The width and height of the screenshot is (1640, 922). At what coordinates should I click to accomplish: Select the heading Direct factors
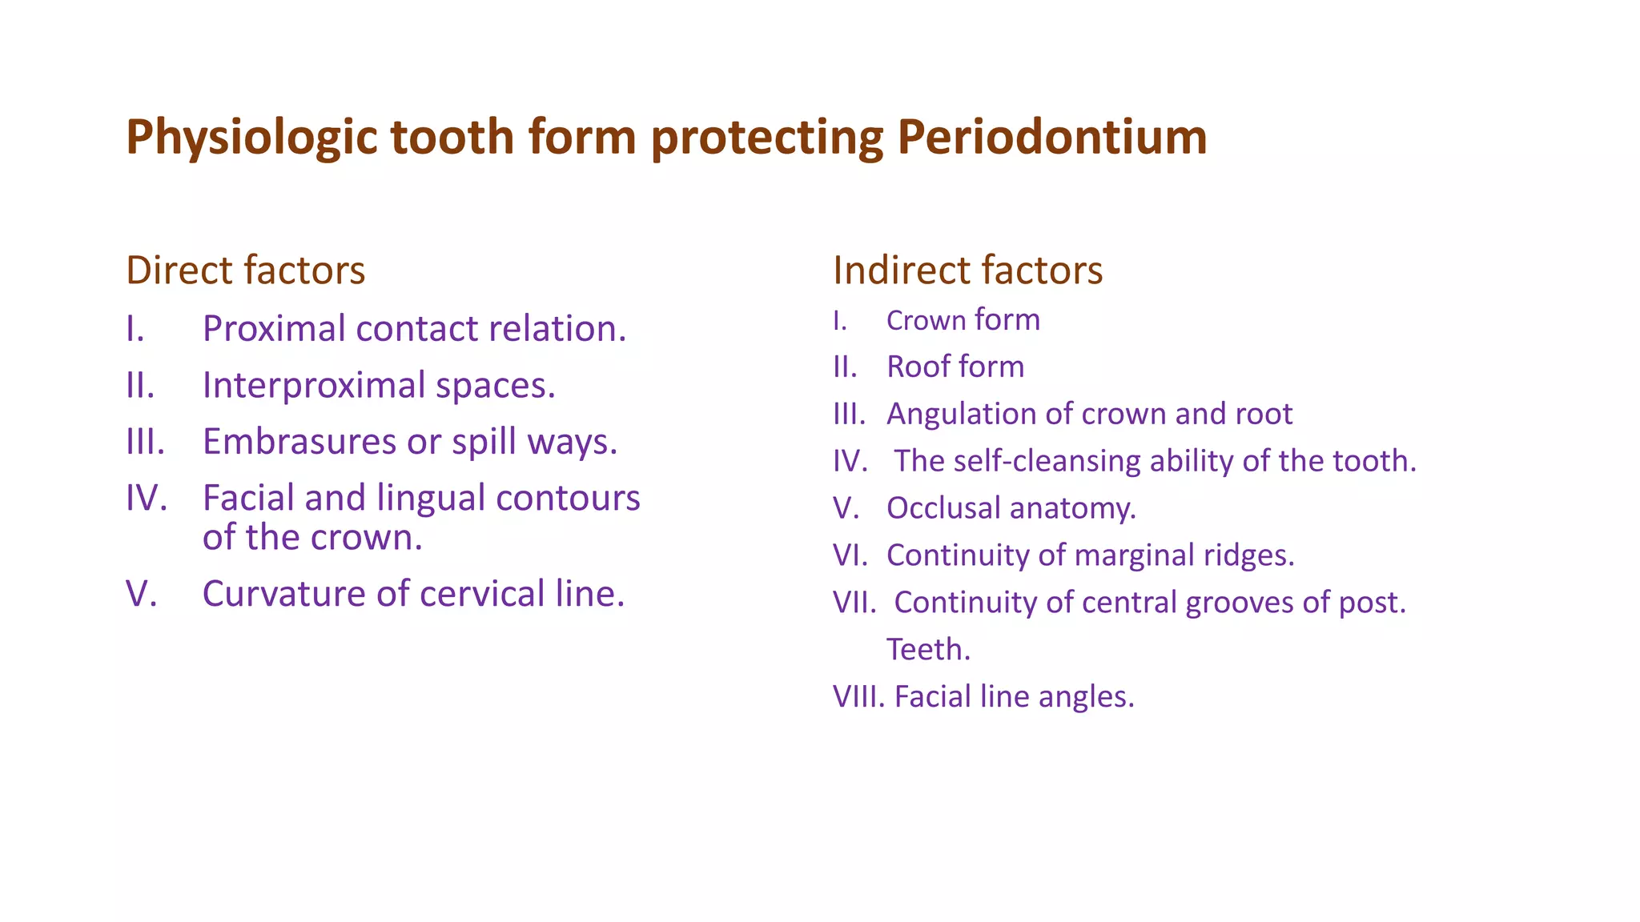(245, 270)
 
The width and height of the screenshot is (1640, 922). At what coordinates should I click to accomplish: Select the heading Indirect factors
(967, 270)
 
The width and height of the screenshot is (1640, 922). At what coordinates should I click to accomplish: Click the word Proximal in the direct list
(274, 329)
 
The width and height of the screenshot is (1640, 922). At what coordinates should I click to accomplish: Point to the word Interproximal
(314, 386)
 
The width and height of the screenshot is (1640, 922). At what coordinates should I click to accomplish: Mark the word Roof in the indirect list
(915, 367)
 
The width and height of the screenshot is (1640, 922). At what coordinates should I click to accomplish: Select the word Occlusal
(943, 508)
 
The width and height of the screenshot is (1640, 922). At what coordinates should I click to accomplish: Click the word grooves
(1239, 603)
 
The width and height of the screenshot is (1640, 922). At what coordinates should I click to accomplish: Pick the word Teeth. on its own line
(928, 649)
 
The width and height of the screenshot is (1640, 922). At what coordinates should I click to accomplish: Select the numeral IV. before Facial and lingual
(147, 499)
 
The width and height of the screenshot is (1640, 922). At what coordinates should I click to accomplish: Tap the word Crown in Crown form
(926, 320)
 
